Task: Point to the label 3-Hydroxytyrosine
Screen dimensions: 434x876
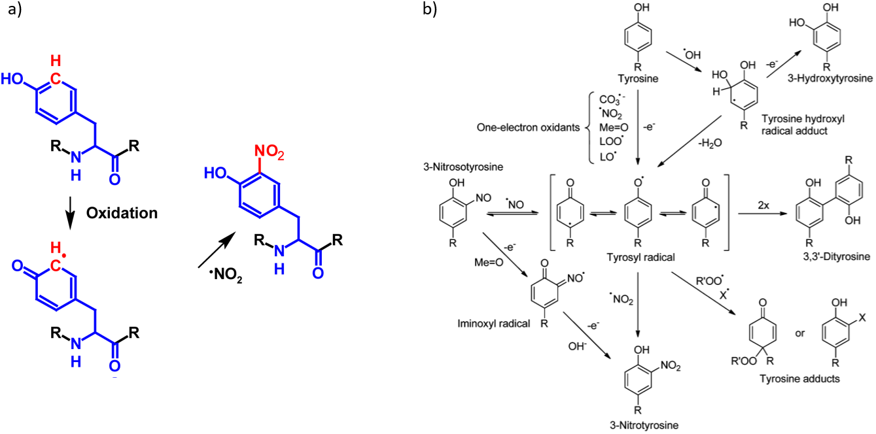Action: [835, 79]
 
